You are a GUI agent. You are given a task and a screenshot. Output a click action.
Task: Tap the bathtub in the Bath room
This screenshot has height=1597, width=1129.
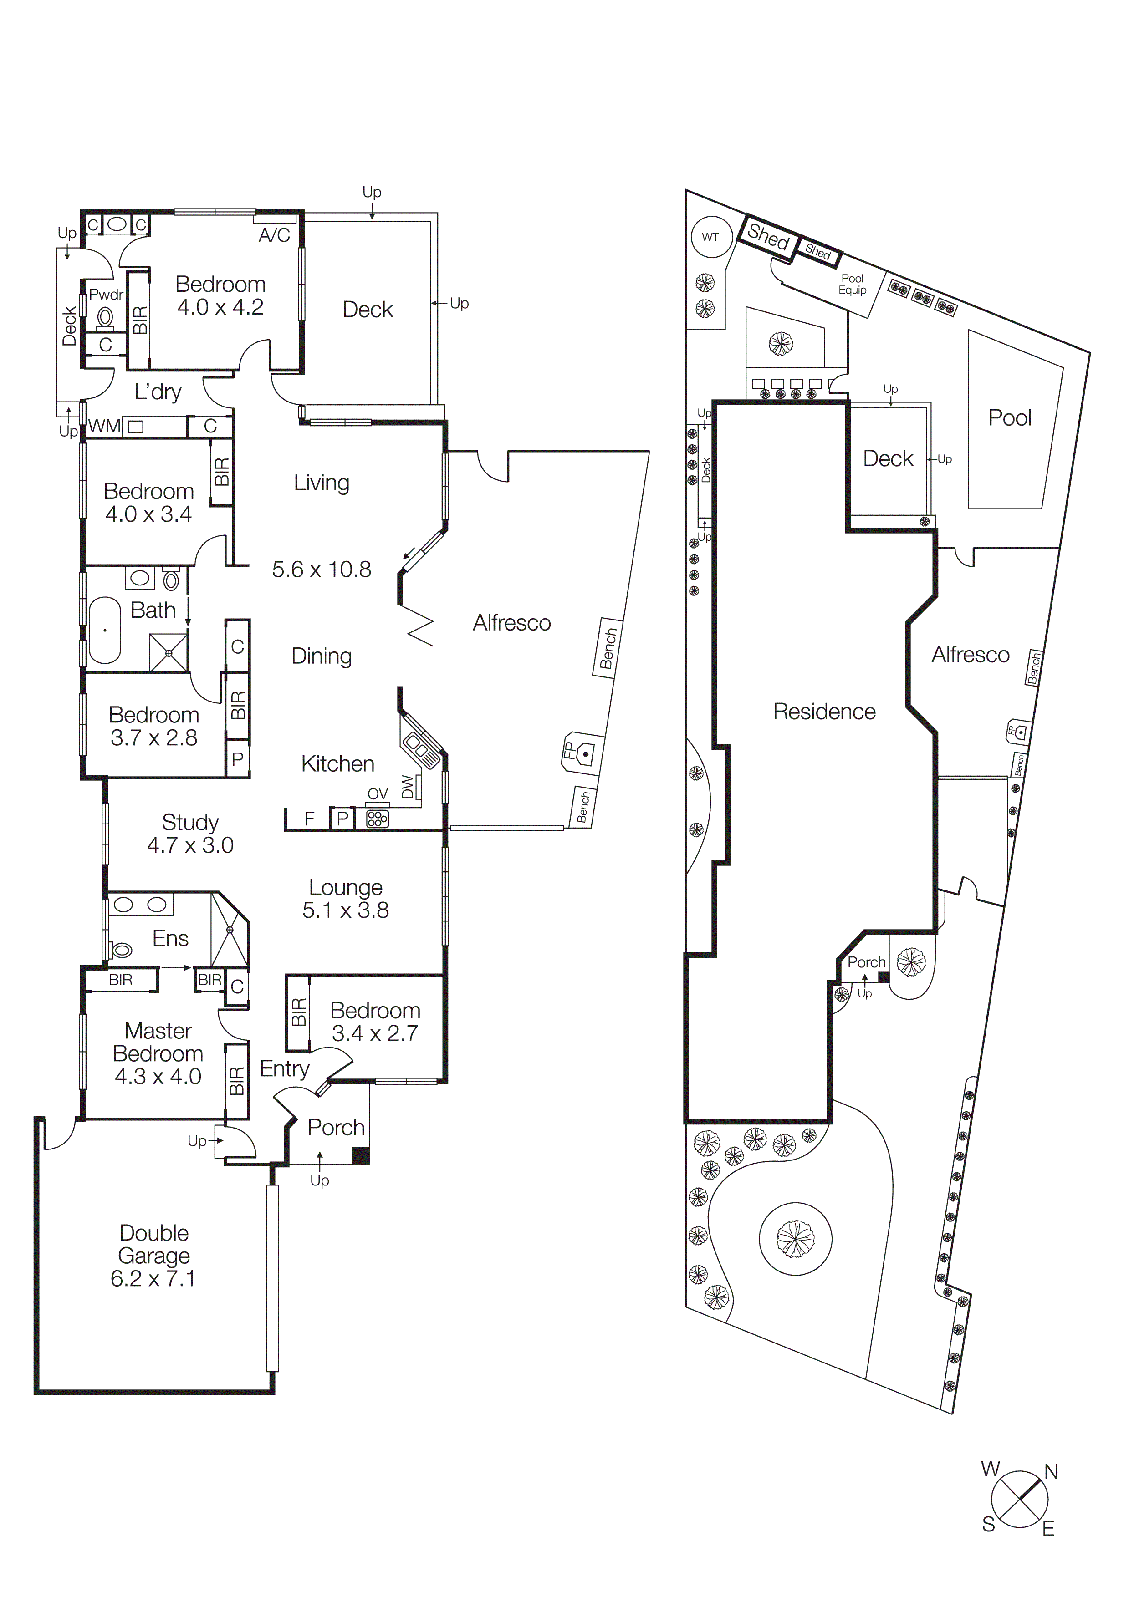pyautogui.click(x=105, y=630)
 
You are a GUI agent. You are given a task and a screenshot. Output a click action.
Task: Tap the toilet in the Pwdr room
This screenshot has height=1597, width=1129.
pyautogui.click(x=106, y=318)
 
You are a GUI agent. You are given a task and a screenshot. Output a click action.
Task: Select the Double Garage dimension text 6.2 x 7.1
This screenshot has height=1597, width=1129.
pyautogui.click(x=153, y=1278)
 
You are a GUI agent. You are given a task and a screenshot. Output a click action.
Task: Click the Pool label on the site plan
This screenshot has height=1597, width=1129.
pyautogui.click(x=1010, y=417)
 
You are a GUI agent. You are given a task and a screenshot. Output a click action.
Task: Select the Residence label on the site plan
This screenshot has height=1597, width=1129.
pyautogui.click(x=824, y=712)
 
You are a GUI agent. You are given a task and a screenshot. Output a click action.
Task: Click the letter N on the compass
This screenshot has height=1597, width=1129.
pyautogui.click(x=1051, y=1472)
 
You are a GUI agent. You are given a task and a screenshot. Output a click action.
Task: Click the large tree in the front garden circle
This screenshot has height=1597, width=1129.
pyautogui.click(x=795, y=1238)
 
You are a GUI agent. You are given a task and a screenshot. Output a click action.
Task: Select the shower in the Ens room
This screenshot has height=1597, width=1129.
pyautogui.click(x=230, y=930)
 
